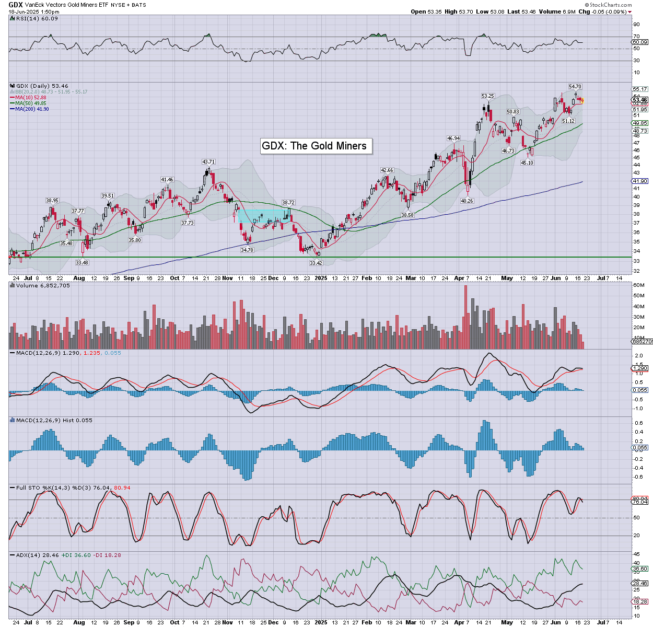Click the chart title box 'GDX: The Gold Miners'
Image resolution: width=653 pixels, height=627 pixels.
click(314, 146)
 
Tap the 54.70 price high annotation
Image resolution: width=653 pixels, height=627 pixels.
click(575, 87)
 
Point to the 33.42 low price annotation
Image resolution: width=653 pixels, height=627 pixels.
click(316, 263)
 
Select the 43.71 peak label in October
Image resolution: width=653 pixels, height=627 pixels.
click(208, 162)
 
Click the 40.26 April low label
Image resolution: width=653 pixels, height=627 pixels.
click(467, 201)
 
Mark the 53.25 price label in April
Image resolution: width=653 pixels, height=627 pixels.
click(487, 96)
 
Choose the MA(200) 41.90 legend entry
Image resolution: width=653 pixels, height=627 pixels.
click(32, 109)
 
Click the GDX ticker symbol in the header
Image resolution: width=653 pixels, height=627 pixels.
click(15, 5)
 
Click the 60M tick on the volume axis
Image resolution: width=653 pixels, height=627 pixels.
click(639, 285)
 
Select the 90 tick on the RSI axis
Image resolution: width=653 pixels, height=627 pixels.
click(636, 25)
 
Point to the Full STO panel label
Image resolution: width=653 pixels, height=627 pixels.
click(28, 487)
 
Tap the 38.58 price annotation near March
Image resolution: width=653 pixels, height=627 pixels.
click(407, 215)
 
